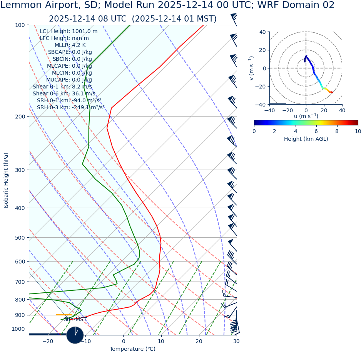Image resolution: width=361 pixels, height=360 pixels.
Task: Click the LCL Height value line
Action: (69, 32)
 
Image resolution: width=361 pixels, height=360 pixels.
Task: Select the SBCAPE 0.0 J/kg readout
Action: (70, 52)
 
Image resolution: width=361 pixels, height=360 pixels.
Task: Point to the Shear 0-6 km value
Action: (64, 94)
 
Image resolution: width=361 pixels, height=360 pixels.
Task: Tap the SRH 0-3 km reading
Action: (71, 108)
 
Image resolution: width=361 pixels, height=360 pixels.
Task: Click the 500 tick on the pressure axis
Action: (20, 238)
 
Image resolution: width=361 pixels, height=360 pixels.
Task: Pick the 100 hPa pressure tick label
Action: (20, 25)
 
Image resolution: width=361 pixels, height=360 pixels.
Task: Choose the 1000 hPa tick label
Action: (18, 329)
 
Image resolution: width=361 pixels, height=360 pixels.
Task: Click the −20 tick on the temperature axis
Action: (48, 341)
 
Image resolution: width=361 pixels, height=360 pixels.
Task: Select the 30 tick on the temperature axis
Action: (236, 341)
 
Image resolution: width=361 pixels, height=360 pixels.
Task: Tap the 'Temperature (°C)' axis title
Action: (132, 349)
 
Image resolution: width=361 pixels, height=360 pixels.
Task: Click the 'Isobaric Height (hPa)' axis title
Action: (6, 180)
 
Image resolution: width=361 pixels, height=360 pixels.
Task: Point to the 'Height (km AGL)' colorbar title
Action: (306, 139)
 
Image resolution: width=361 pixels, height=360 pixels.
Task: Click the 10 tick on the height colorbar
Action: (358, 132)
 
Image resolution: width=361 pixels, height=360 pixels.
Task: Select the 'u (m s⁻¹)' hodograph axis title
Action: (306, 116)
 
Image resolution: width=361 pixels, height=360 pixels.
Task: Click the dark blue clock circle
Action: (75, 335)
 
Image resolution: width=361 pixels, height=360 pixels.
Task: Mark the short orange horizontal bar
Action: (64, 315)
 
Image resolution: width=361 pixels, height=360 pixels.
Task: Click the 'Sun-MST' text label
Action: (75, 320)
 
